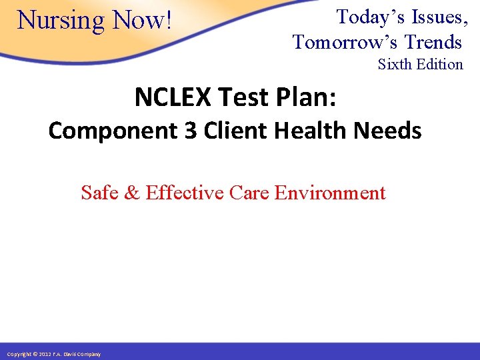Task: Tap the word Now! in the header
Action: click(x=143, y=20)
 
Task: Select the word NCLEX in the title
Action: click(x=172, y=97)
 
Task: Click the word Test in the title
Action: click(x=239, y=97)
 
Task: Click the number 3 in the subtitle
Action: click(x=191, y=131)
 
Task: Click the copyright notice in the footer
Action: click(x=53, y=353)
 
